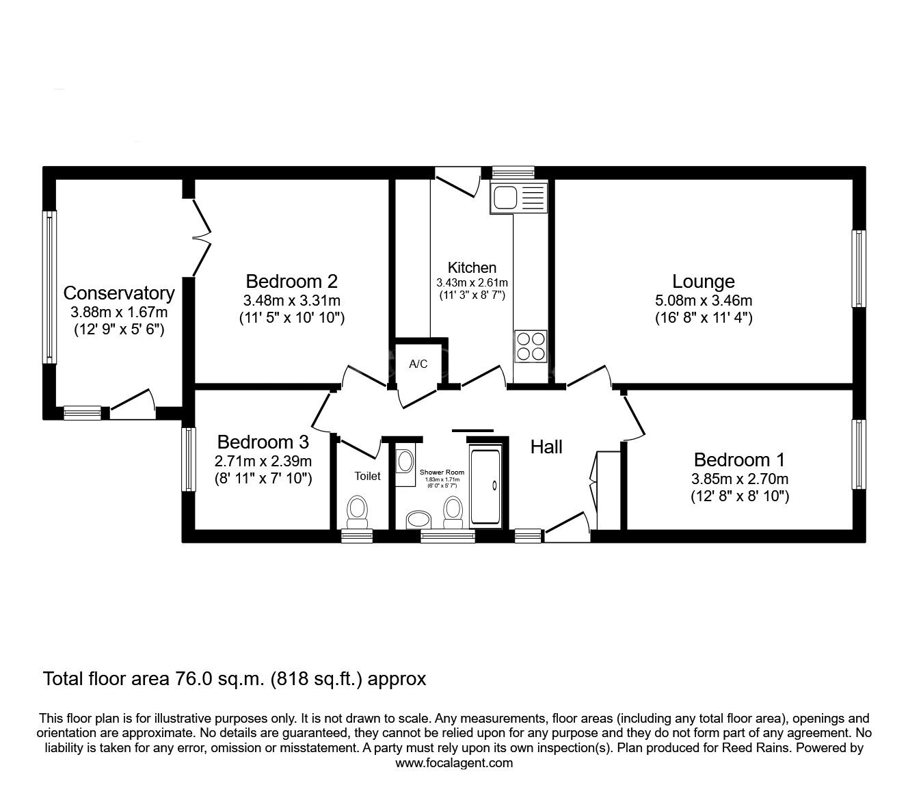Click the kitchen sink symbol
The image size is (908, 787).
[x=518, y=198]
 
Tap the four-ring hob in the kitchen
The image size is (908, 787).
[x=531, y=346]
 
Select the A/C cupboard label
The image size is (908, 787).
[x=418, y=364]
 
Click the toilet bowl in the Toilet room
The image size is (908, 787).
[x=356, y=510]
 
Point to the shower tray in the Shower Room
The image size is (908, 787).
[x=485, y=485]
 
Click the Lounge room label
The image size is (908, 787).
[x=703, y=282]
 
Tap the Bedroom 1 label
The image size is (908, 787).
[x=739, y=459]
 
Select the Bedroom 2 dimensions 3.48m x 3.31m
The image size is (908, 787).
[x=291, y=300]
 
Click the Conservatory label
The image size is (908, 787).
[x=119, y=293]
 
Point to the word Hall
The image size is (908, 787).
[x=546, y=447]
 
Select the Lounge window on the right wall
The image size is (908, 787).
[x=858, y=269]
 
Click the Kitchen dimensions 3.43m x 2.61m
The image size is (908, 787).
[x=472, y=282]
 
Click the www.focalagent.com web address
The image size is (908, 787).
[x=454, y=763]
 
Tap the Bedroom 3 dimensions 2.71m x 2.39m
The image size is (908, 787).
[x=263, y=461]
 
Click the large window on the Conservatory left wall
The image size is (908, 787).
[x=49, y=286]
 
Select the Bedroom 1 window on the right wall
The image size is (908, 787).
[x=858, y=454]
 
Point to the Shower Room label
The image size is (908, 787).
[x=442, y=472]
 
